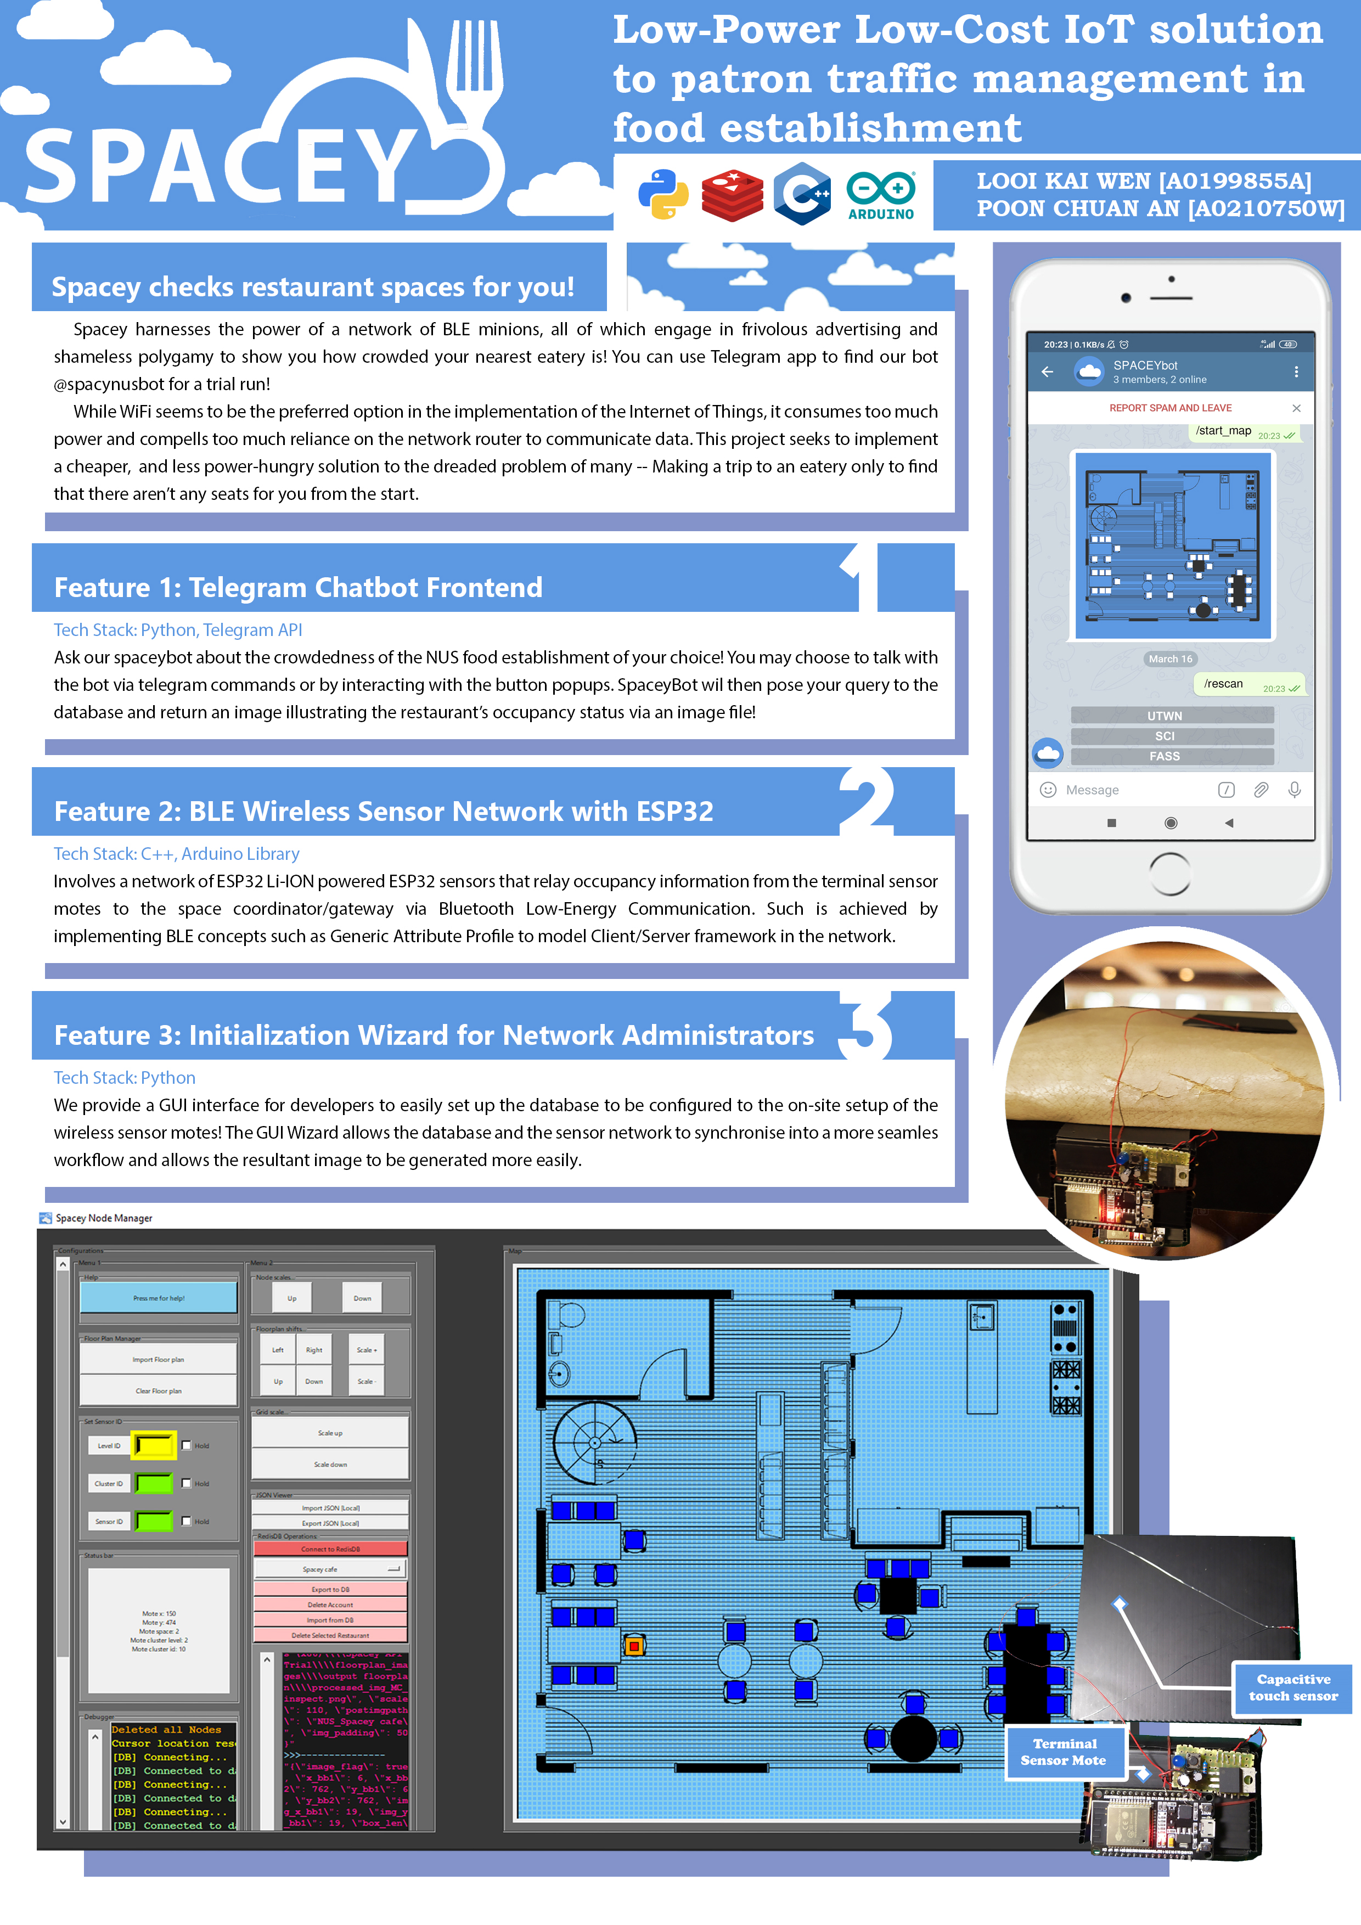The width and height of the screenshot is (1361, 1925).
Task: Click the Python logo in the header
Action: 663,194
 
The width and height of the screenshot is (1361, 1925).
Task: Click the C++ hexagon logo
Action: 802,194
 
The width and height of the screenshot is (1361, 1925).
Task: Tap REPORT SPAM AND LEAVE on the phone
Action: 1170,408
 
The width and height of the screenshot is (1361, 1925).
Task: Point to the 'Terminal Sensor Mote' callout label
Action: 1064,1752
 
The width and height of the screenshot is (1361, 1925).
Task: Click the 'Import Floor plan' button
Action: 159,1359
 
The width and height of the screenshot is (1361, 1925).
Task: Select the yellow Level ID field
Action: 154,1445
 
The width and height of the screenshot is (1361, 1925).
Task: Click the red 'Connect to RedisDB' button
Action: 330,1549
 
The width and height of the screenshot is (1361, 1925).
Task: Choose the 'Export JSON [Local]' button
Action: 330,1523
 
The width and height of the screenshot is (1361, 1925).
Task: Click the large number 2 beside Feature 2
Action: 865,801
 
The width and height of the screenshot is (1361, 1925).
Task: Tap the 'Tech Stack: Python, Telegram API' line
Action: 178,629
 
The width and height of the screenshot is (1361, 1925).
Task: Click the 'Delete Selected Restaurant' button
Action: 330,1635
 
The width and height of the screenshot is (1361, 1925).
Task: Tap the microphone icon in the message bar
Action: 1294,790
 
